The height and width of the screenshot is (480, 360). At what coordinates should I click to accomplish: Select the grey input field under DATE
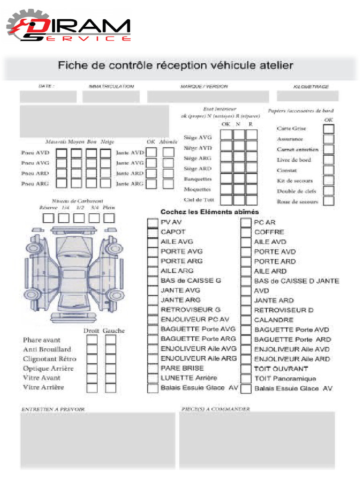pyautogui.click(x=48, y=97)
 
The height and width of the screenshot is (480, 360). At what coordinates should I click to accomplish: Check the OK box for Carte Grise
pyautogui.click(x=329, y=128)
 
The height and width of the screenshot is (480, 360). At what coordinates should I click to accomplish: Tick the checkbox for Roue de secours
pyautogui.click(x=329, y=201)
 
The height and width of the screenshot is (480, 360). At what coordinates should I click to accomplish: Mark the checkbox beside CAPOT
pyautogui.click(x=153, y=232)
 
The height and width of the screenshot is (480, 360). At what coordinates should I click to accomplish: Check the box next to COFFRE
pyautogui.click(x=246, y=232)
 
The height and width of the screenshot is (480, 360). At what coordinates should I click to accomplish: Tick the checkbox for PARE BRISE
pyautogui.click(x=153, y=368)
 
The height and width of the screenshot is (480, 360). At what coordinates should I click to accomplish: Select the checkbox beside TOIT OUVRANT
pyautogui.click(x=246, y=369)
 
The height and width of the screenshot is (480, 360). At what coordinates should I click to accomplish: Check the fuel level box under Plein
pyautogui.click(x=109, y=218)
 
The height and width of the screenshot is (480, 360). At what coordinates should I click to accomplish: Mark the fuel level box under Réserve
pyautogui.click(x=48, y=218)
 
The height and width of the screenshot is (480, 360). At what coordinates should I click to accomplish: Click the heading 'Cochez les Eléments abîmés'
pyautogui.click(x=210, y=212)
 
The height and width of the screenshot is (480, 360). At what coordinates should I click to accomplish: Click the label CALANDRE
pyautogui.click(x=274, y=320)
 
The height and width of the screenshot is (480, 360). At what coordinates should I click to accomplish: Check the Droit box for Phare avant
pyautogui.click(x=92, y=340)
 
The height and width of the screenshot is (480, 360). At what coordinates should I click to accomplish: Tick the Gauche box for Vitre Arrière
pyautogui.click(x=110, y=388)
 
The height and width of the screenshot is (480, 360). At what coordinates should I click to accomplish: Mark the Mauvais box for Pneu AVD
pyautogui.click(x=61, y=153)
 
